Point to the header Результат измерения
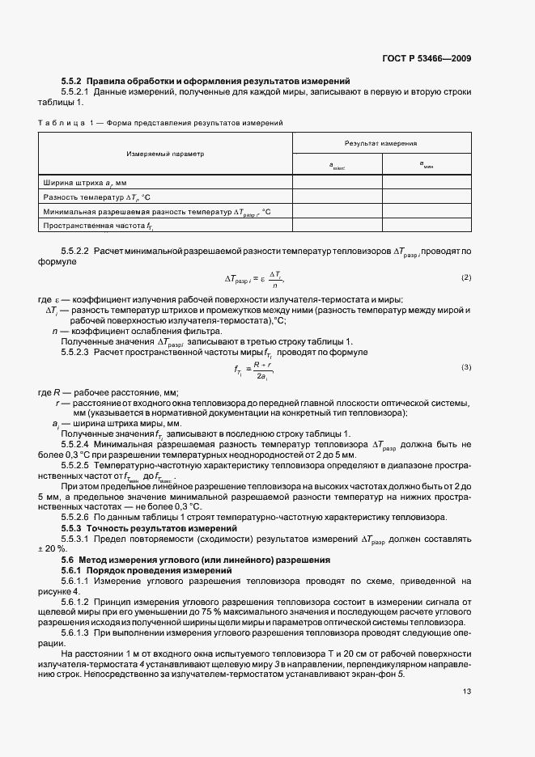[380, 142]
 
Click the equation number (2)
[465, 277]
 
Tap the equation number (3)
[465, 367]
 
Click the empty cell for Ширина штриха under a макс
[337, 184]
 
